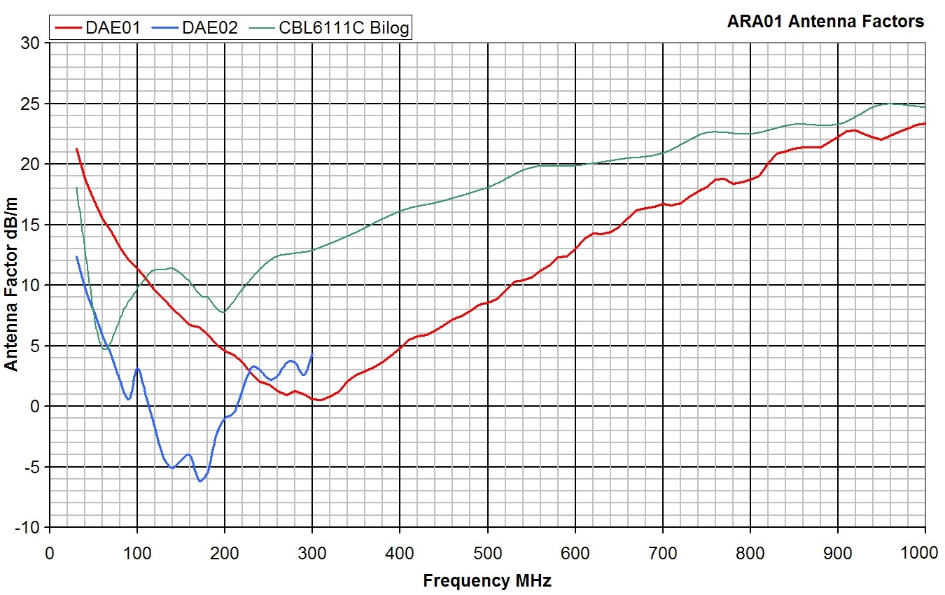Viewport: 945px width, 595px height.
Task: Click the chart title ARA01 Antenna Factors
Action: pyautogui.click(x=826, y=22)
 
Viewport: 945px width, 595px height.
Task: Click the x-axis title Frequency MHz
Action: pyautogui.click(x=486, y=580)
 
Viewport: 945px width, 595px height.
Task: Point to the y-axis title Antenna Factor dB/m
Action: pyautogui.click(x=12, y=284)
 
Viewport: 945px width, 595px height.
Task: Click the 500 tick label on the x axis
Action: pyautogui.click(x=486, y=552)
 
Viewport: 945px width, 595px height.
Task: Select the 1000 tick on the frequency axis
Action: pyautogui.click(x=924, y=552)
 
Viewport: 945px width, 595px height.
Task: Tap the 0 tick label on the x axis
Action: pyautogui.click(x=49, y=552)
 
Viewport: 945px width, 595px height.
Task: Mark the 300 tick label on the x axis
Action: pyautogui.click(x=311, y=552)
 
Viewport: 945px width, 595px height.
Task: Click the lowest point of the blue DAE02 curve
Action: pyautogui.click(x=200, y=482)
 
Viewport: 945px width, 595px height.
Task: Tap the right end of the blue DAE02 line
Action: pyautogui.click(x=312, y=354)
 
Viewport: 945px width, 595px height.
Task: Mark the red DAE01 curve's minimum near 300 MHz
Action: pyautogui.click(x=319, y=400)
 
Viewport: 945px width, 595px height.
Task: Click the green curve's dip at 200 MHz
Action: pyautogui.click(x=224, y=312)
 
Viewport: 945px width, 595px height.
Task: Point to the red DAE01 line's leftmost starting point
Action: pyautogui.click(x=76, y=149)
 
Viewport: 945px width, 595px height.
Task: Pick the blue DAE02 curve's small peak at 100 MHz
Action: pyautogui.click(x=137, y=368)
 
